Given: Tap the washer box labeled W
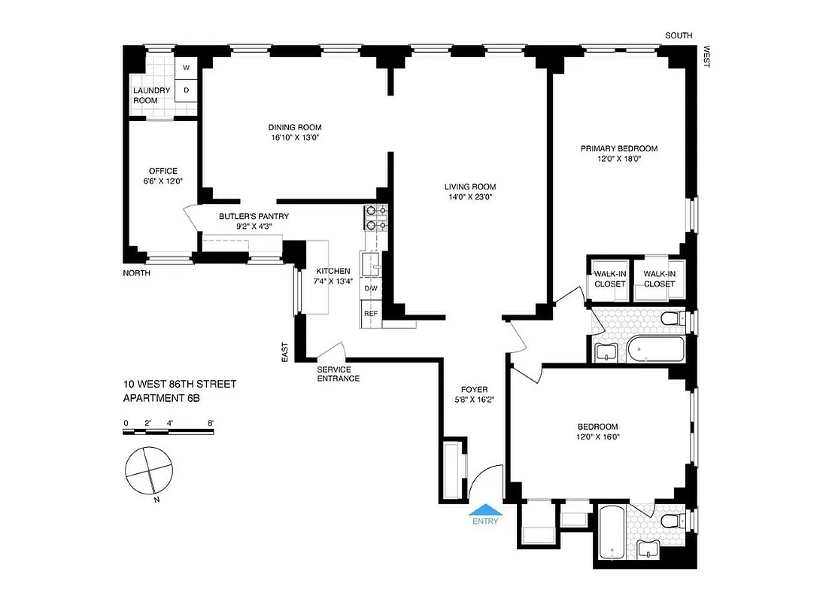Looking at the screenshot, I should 186,68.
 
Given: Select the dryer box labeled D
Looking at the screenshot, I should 186,90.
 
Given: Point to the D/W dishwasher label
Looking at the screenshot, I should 371,288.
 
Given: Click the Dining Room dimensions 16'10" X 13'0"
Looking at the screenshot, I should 296,138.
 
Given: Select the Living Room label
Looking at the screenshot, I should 469,187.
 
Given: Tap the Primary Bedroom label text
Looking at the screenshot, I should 619,148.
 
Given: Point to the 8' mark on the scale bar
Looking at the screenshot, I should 211,423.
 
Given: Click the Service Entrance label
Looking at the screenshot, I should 338,373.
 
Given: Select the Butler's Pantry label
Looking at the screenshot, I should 254,217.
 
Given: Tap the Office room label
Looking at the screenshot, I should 162,171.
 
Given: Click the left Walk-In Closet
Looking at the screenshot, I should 609,278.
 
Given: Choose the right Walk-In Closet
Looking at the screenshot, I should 659,278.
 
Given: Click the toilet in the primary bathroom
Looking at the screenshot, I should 670,321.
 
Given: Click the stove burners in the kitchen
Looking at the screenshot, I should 375,217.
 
